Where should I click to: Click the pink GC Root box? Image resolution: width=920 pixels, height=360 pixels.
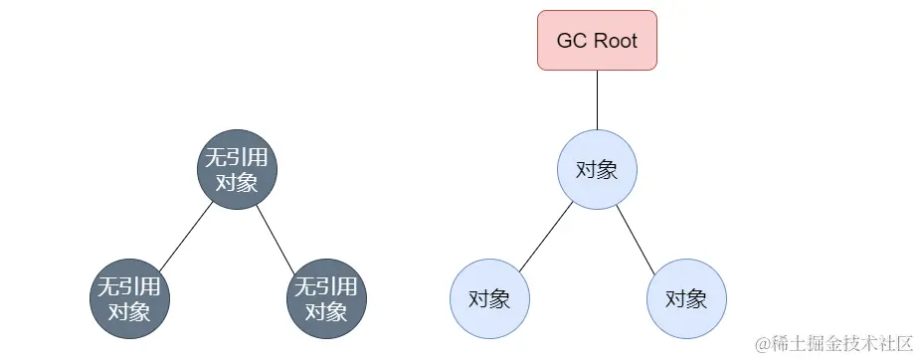pyautogui.click(x=597, y=41)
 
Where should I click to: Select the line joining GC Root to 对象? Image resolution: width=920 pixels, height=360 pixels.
pyautogui.click(x=597, y=99)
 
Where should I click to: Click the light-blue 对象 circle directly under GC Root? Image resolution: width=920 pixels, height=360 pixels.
pyautogui.click(x=597, y=169)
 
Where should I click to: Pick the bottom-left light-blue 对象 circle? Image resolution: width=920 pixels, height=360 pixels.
pyautogui.click(x=489, y=298)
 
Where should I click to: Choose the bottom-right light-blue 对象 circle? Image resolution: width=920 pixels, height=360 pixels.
pyautogui.click(x=686, y=298)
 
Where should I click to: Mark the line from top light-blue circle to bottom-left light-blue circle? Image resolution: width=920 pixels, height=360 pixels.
pyautogui.click(x=544, y=235)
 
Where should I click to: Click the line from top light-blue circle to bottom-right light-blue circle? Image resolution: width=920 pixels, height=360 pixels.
pyautogui.click(x=641, y=235)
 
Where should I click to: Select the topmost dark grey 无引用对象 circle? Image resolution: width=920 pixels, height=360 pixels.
pyautogui.click(x=237, y=170)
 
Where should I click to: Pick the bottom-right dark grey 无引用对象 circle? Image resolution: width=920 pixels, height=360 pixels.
pyautogui.click(x=326, y=298)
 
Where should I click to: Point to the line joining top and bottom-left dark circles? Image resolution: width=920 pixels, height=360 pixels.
pyautogui.click(x=184, y=235)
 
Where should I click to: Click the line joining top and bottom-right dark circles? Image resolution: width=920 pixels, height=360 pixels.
pyautogui.click(x=280, y=235)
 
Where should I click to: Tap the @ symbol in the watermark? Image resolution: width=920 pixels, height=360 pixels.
pyautogui.click(x=763, y=344)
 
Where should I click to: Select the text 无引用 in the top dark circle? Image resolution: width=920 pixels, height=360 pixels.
pyautogui.click(x=237, y=158)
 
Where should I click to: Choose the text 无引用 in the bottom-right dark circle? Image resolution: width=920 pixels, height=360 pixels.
pyautogui.click(x=326, y=286)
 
